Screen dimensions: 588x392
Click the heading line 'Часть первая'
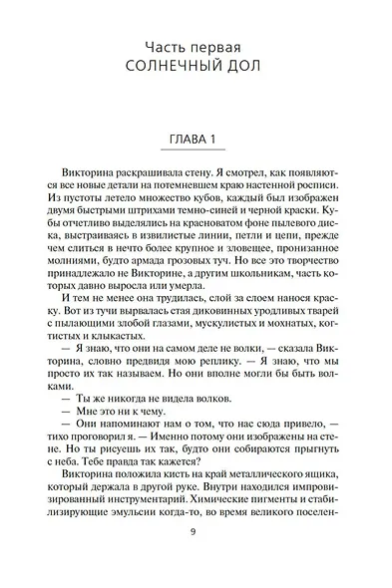point(195,47)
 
